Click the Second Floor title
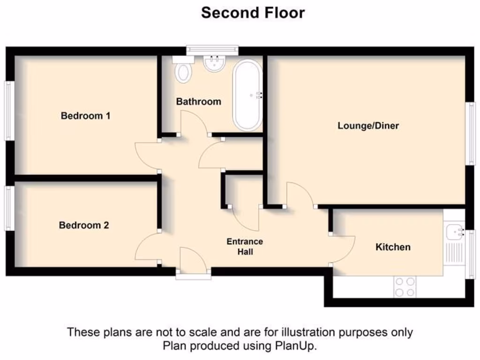pos(253,13)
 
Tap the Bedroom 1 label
pos(86,115)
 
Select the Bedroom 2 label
pos(84,225)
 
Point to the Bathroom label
pos(198,101)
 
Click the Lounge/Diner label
pos(368,126)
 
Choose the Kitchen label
pos(393,247)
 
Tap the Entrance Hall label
pos(245,247)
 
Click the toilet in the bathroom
pos(183,70)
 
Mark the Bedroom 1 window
pos(8,111)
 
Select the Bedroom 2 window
pos(8,208)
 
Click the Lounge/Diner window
pos(471,133)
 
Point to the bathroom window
pos(212,48)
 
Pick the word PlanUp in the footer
pos(299,346)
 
